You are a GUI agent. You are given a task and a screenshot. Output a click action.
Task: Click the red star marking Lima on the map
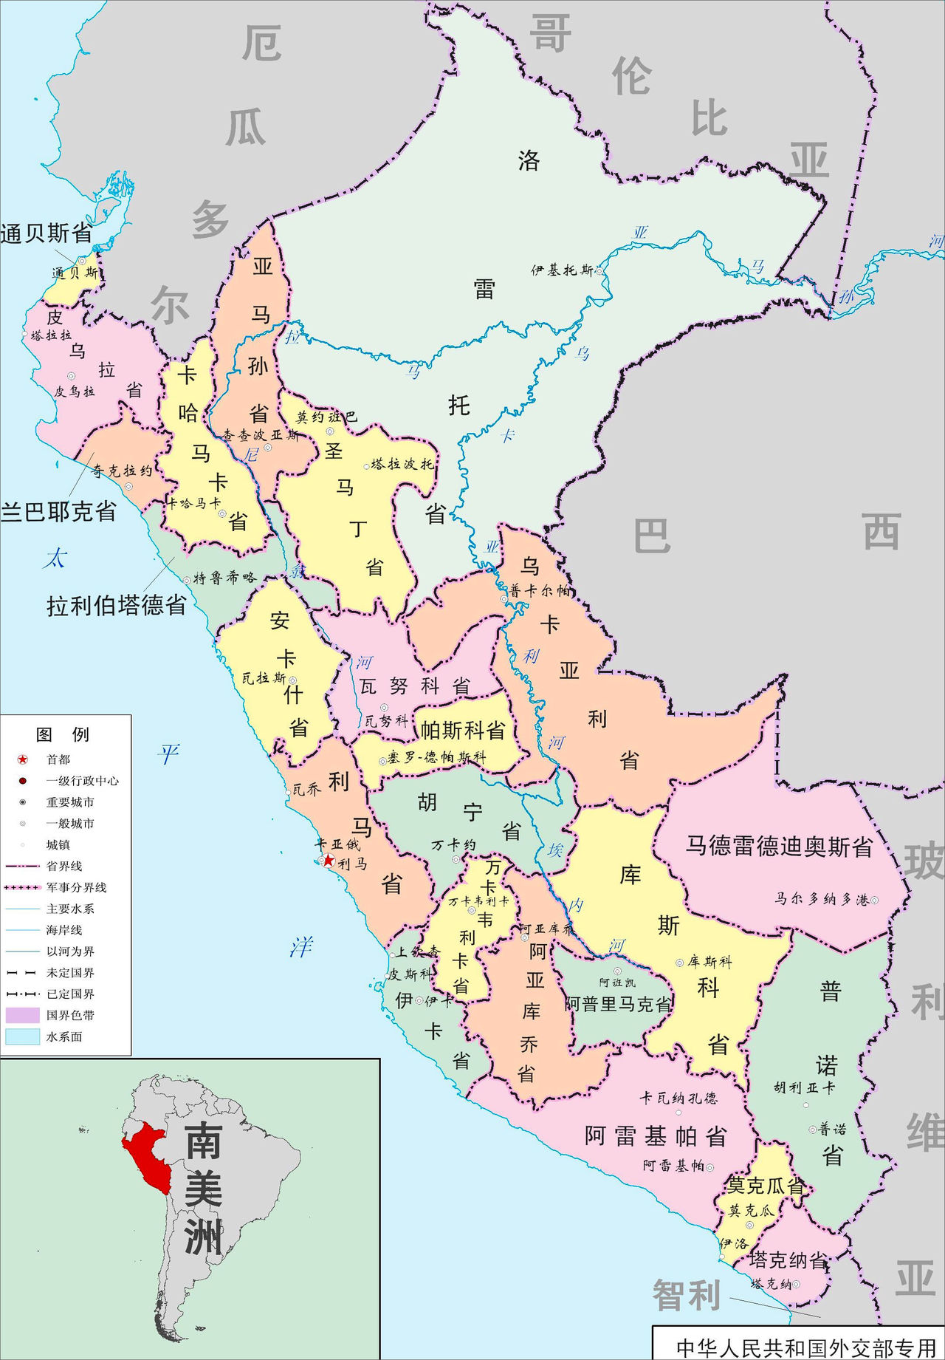coord(328,860)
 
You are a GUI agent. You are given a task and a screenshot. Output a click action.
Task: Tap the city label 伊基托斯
coord(562,270)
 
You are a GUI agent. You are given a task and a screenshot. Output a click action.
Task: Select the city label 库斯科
coord(709,962)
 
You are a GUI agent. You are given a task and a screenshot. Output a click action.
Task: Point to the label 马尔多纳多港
coord(821,899)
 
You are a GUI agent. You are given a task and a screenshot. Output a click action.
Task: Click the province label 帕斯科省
coord(463,731)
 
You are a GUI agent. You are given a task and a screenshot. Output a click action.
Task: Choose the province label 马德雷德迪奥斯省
coord(779,846)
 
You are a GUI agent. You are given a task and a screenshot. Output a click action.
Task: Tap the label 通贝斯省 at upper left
coord(46,233)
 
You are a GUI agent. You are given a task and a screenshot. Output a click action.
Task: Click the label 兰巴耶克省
coord(58,511)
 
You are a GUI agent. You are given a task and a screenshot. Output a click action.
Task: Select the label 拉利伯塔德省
coord(117,606)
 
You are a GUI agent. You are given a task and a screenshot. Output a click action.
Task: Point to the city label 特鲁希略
coord(224,578)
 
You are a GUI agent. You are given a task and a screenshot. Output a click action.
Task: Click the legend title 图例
coord(63,734)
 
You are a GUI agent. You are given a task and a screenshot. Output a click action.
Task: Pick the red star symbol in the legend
coord(23,759)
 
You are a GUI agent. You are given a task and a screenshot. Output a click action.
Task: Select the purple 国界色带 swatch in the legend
coord(22,1015)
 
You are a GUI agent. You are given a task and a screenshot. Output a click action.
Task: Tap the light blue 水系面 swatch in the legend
coord(22,1036)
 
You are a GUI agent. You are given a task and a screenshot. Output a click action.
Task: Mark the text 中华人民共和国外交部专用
coord(805,1347)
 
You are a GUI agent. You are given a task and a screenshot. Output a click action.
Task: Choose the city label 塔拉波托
coord(402,464)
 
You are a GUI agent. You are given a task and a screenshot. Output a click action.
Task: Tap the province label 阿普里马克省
coord(618,1004)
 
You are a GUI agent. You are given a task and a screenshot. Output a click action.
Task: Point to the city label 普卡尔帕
coord(540,591)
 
